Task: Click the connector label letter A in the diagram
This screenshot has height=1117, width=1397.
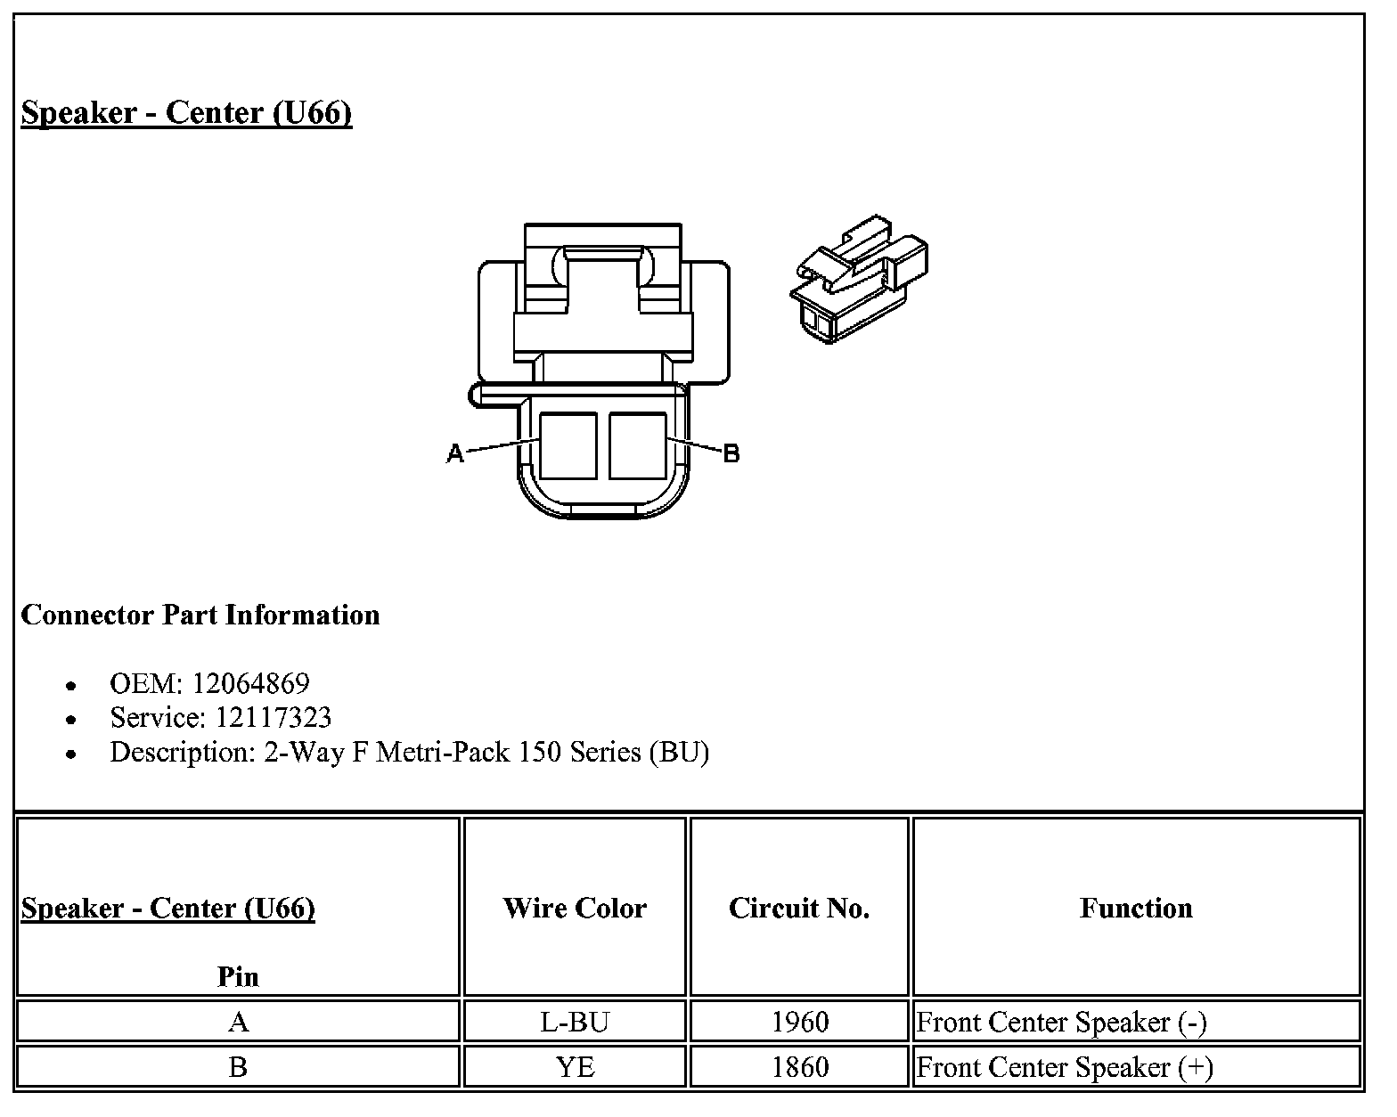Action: tap(455, 453)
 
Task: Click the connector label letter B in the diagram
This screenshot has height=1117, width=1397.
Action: tap(731, 453)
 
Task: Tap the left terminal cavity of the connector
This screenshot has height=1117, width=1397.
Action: tap(568, 446)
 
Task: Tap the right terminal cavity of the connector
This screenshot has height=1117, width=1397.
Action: tap(638, 446)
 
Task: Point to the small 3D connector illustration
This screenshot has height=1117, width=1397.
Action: tap(859, 279)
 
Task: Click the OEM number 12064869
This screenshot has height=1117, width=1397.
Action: tap(250, 683)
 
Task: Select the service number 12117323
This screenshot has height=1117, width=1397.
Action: tap(273, 718)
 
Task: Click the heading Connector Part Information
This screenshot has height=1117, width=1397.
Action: tap(200, 616)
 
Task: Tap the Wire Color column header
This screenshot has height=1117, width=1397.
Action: tap(575, 908)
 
